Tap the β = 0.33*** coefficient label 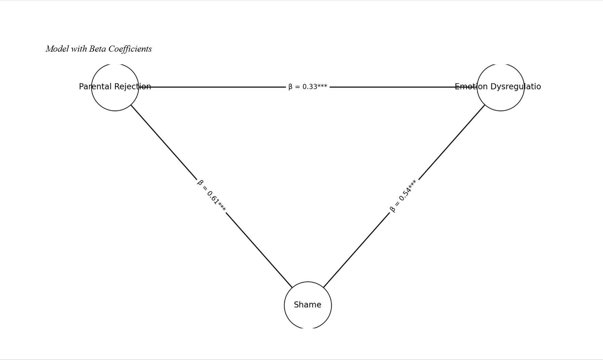(307, 87)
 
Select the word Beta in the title (97, 49)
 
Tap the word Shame (307, 305)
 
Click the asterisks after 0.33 (322, 86)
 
